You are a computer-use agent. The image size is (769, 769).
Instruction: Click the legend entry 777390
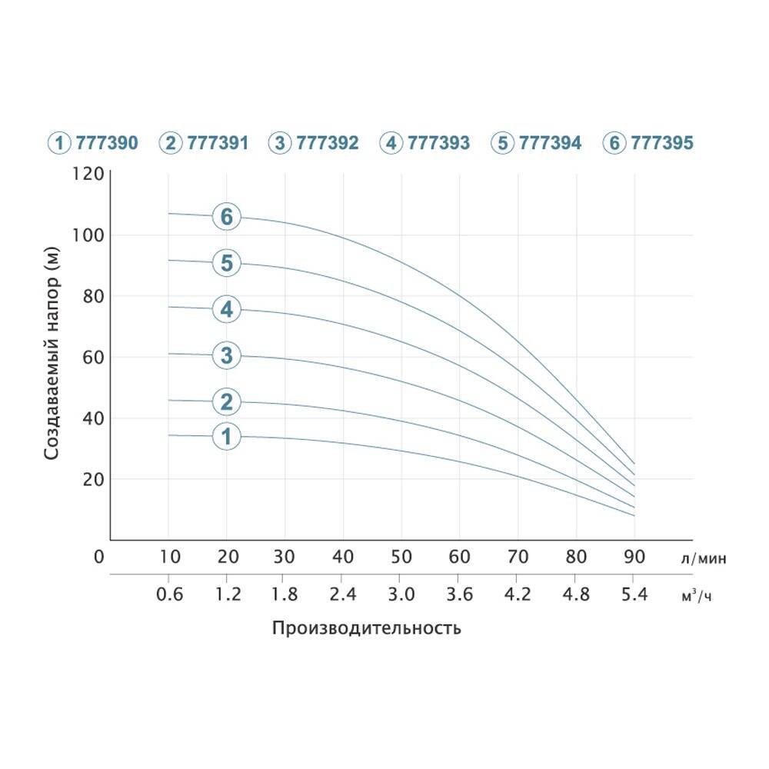pyautogui.click(x=93, y=143)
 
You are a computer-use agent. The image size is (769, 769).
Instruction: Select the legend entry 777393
pyautogui.click(x=425, y=143)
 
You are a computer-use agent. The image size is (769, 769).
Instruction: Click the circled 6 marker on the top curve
pyautogui.click(x=226, y=218)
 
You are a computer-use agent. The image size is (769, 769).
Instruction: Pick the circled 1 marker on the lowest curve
pyautogui.click(x=226, y=437)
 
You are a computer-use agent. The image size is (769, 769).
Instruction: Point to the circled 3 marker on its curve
pyautogui.click(x=226, y=355)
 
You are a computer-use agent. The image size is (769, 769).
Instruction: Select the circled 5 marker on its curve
pyautogui.click(x=226, y=264)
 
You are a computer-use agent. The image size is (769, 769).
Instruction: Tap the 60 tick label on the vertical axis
pyautogui.click(x=92, y=358)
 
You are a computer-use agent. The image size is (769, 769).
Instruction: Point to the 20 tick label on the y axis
pyautogui.click(x=92, y=480)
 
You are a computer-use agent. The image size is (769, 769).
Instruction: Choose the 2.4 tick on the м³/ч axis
pyautogui.click(x=343, y=595)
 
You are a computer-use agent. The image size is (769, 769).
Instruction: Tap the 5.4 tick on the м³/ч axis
pyautogui.click(x=634, y=595)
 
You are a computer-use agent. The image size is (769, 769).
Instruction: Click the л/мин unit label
pyautogui.click(x=703, y=559)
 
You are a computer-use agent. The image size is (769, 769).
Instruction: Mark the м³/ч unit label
pyautogui.click(x=697, y=596)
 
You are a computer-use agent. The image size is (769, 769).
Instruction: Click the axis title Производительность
pyautogui.click(x=366, y=628)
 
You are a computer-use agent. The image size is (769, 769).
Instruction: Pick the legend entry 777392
pyautogui.click(x=314, y=143)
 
